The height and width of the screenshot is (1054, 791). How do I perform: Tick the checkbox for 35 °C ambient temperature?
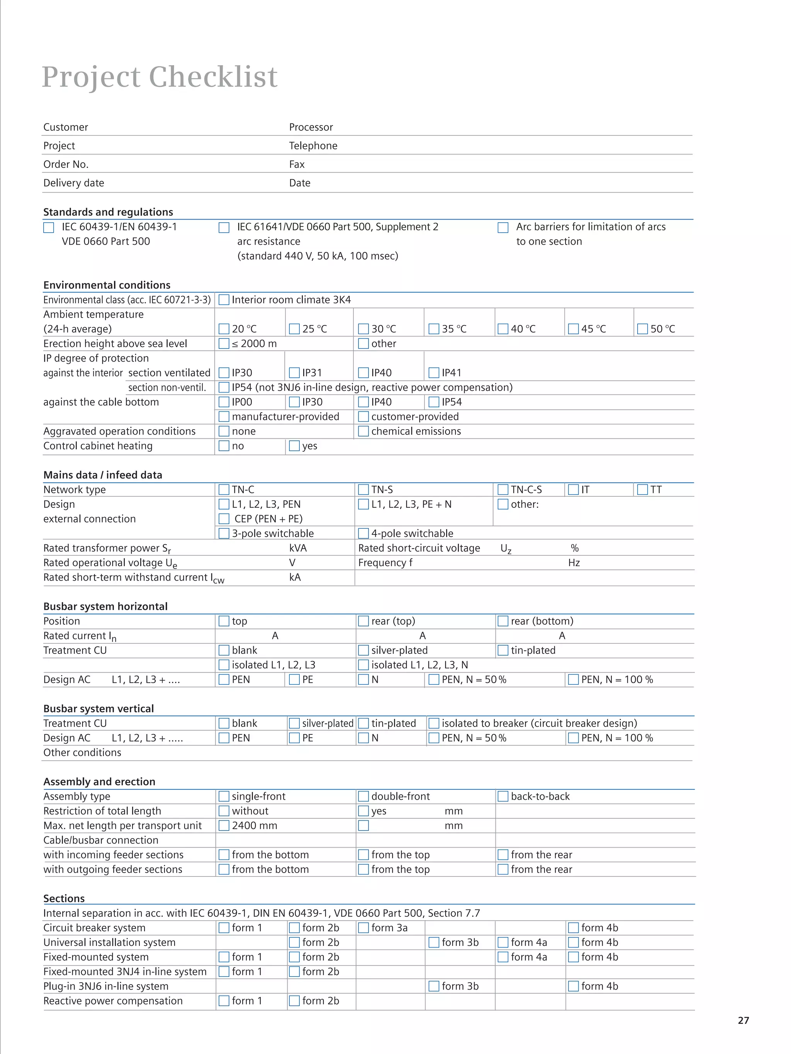tap(433, 329)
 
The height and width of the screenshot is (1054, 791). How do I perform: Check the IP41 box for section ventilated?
tap(433, 372)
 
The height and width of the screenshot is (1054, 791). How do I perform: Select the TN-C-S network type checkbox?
tap(502, 489)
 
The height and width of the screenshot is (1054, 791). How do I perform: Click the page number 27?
tap(743, 1020)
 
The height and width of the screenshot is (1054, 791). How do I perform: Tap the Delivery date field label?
tap(73, 183)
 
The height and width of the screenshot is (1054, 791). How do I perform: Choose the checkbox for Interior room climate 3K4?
tap(224, 300)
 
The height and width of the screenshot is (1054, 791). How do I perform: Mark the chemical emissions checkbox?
tap(363, 431)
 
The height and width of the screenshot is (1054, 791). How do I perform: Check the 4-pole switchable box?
tap(363, 533)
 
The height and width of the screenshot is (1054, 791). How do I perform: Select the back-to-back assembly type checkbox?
tap(502, 796)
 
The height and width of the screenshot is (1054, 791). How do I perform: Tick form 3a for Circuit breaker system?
tap(363, 928)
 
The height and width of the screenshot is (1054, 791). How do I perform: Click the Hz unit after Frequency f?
tap(574, 563)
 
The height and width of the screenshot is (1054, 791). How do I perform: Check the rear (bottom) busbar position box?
tap(502, 621)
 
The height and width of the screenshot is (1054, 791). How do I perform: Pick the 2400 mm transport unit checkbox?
tap(224, 825)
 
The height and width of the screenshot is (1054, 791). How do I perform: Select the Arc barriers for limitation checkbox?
tap(502, 227)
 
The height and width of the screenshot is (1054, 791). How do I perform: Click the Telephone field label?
tap(313, 146)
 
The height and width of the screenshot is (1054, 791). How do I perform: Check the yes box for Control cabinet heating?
tap(294, 446)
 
